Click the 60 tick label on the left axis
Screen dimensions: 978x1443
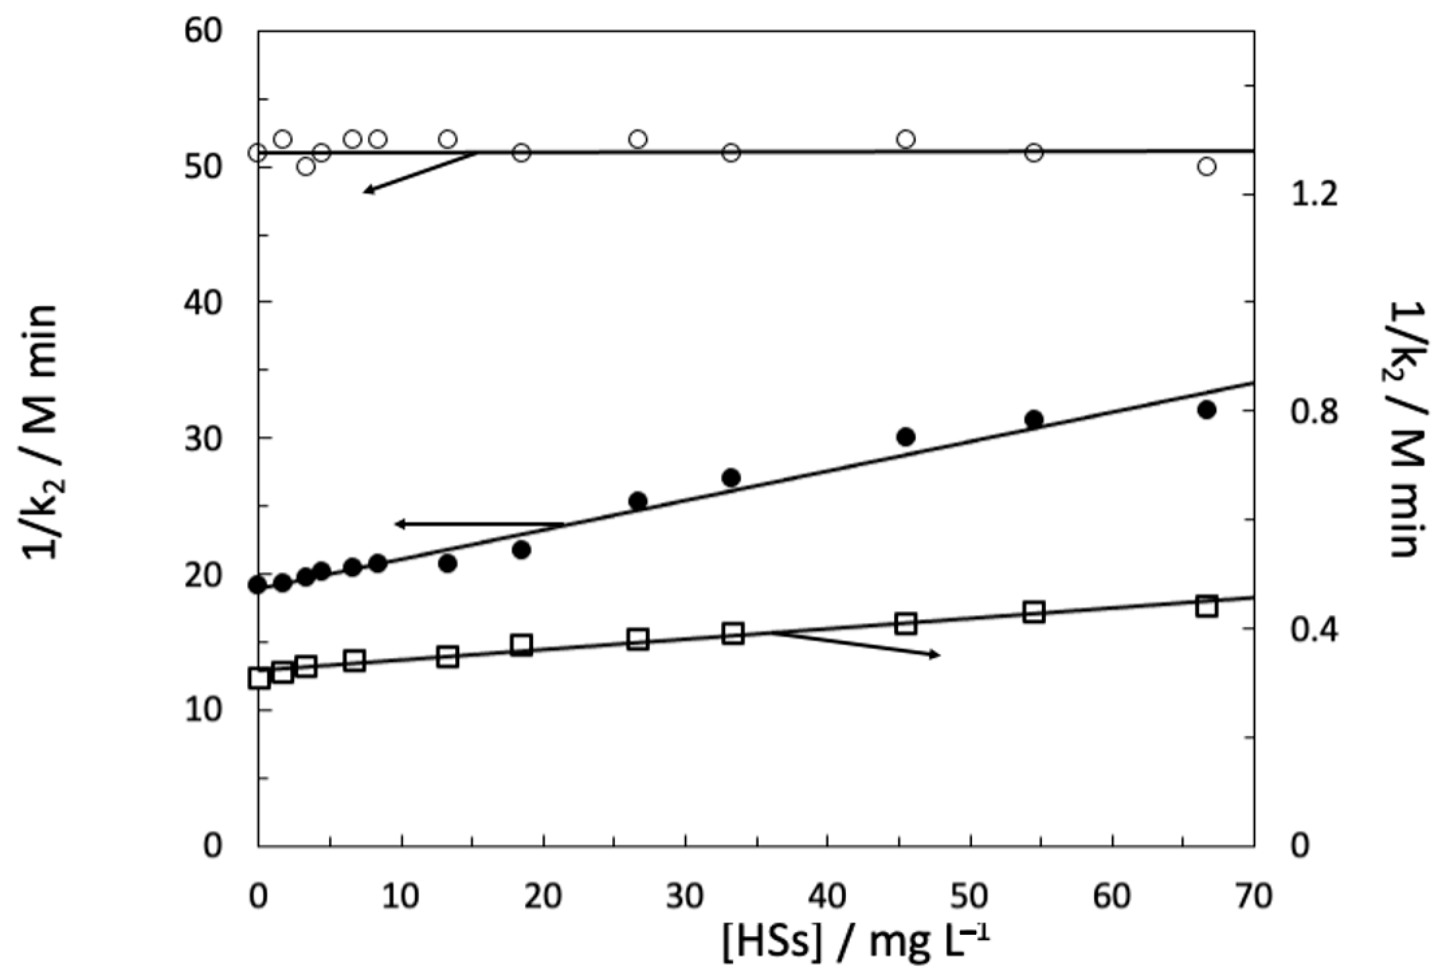[x=202, y=31]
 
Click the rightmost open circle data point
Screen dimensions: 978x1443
[x=1206, y=166]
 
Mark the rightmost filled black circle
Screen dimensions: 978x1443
[x=1206, y=410]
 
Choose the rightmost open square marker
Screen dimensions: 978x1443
[x=1206, y=606]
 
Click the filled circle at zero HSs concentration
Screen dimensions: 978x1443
[x=257, y=585]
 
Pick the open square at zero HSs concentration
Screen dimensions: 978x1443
[x=258, y=678]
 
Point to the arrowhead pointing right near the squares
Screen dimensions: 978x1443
[x=935, y=655]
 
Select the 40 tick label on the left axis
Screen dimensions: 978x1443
[x=202, y=302]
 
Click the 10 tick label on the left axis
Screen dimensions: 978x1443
[x=202, y=710]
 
